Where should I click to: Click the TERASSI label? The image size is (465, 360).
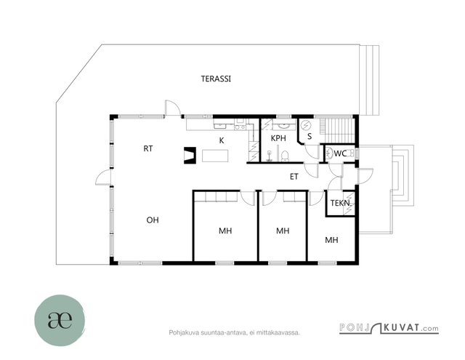coord(216,79)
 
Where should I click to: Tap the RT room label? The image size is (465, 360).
coord(148,148)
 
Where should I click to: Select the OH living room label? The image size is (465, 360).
coord(153,220)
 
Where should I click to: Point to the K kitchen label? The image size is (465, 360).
coord(222,140)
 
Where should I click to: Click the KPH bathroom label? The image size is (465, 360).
coord(278,138)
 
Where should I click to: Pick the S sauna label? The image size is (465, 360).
coord(310,136)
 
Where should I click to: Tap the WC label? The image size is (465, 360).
coord(340,153)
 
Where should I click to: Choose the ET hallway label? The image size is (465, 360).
coord(294,177)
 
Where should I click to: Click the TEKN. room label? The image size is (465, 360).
coord(341,204)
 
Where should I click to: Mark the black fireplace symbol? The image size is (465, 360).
coord(190,155)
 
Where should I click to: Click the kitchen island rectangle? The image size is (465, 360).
coord(215,156)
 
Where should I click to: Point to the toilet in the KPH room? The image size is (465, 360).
coord(285,156)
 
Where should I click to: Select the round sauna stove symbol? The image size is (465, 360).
coord(305,126)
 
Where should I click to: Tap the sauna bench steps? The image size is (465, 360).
coord(338,130)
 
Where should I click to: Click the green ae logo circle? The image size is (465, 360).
coord(60,320)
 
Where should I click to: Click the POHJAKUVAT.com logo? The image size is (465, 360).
coord(389,328)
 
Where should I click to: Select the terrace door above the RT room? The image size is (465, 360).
coord(173,108)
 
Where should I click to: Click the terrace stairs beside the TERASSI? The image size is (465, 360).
coord(369,80)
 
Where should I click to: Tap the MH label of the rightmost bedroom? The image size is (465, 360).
coord(331,240)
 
